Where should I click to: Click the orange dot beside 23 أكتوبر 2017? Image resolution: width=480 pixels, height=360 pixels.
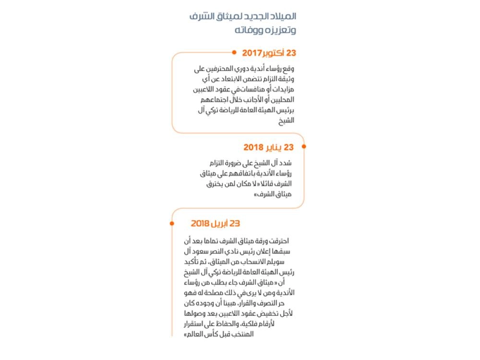pyautogui.click(x=234, y=52)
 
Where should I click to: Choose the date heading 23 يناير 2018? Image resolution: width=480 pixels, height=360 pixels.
pyautogui.click(x=268, y=147)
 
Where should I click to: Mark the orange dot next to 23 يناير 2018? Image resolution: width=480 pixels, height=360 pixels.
pyautogui.click(x=304, y=146)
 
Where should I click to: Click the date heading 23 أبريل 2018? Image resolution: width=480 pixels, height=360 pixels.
pyautogui.click(x=215, y=223)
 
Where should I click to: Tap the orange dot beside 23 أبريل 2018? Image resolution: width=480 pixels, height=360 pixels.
pyautogui.click(x=171, y=223)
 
